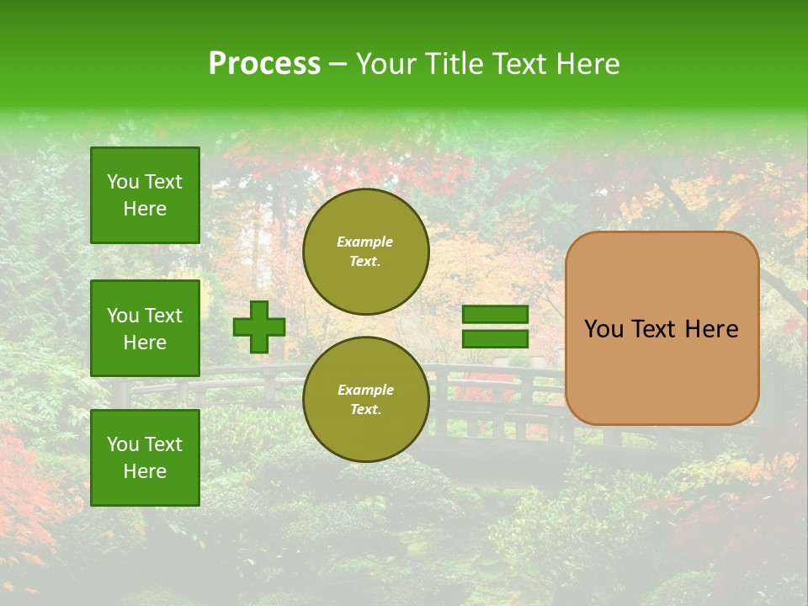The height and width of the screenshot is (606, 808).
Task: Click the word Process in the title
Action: pyautogui.click(x=264, y=64)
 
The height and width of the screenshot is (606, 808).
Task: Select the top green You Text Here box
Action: pyautogui.click(x=145, y=195)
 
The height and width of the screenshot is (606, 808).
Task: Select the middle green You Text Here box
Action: pyautogui.click(x=145, y=328)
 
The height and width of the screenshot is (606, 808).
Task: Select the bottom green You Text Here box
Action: pyautogui.click(x=145, y=458)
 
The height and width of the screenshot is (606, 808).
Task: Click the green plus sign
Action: pyautogui.click(x=259, y=327)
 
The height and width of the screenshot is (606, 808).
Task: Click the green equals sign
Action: pyautogui.click(x=495, y=327)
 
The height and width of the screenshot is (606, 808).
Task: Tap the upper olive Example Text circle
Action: pyautogui.click(x=365, y=251)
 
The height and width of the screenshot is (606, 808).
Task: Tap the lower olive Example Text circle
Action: pyautogui.click(x=365, y=399)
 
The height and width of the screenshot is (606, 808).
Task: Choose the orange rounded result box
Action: pyautogui.click(x=662, y=328)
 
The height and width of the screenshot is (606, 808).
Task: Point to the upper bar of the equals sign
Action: pyautogui.click(x=495, y=315)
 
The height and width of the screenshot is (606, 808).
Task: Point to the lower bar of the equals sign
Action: pyautogui.click(x=495, y=338)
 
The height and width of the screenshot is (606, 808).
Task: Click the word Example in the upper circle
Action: pyautogui.click(x=365, y=242)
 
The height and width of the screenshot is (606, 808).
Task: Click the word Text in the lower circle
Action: pyautogui.click(x=365, y=409)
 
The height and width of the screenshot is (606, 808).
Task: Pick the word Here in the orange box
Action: pyautogui.click(x=711, y=329)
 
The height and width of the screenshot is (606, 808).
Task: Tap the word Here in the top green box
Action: pyautogui.click(x=145, y=209)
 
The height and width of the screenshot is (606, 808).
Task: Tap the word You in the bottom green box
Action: pyautogui.click(x=123, y=444)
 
